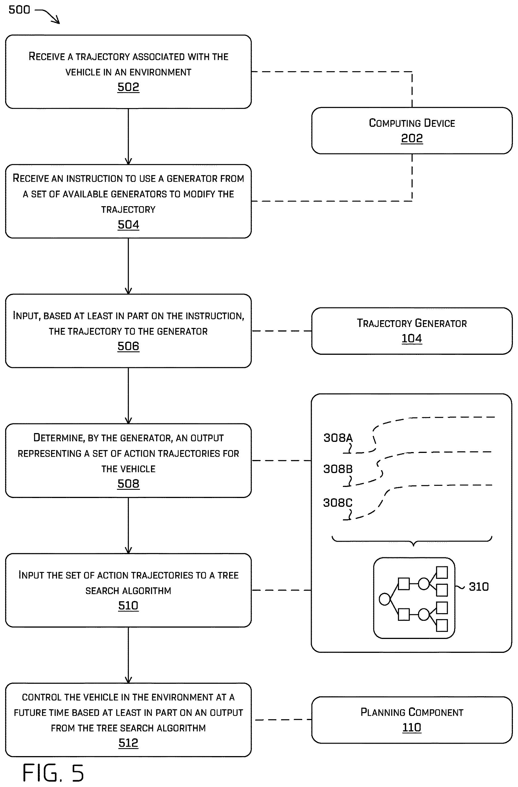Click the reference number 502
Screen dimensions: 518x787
coord(128,87)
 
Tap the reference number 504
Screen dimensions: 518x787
coord(128,225)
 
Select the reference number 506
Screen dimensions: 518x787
coord(128,346)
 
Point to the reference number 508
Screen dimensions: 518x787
coord(128,484)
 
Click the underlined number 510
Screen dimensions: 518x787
coord(128,605)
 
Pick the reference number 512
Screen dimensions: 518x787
coord(128,743)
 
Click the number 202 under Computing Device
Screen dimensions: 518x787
coord(412,138)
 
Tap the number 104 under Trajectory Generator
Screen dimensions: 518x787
coord(412,338)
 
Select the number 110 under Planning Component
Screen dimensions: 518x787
coord(412,727)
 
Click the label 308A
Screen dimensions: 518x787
coord(338,438)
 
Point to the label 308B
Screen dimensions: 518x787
coord(338,469)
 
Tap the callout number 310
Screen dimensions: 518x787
coord(479,586)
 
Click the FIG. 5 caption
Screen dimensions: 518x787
coord(53,773)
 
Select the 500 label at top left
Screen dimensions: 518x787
coord(19,10)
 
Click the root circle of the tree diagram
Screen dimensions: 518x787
coord(385,599)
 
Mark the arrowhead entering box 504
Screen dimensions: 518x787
coord(128,161)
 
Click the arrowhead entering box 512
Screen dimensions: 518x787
coord(128,680)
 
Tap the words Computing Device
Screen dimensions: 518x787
coord(412,123)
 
